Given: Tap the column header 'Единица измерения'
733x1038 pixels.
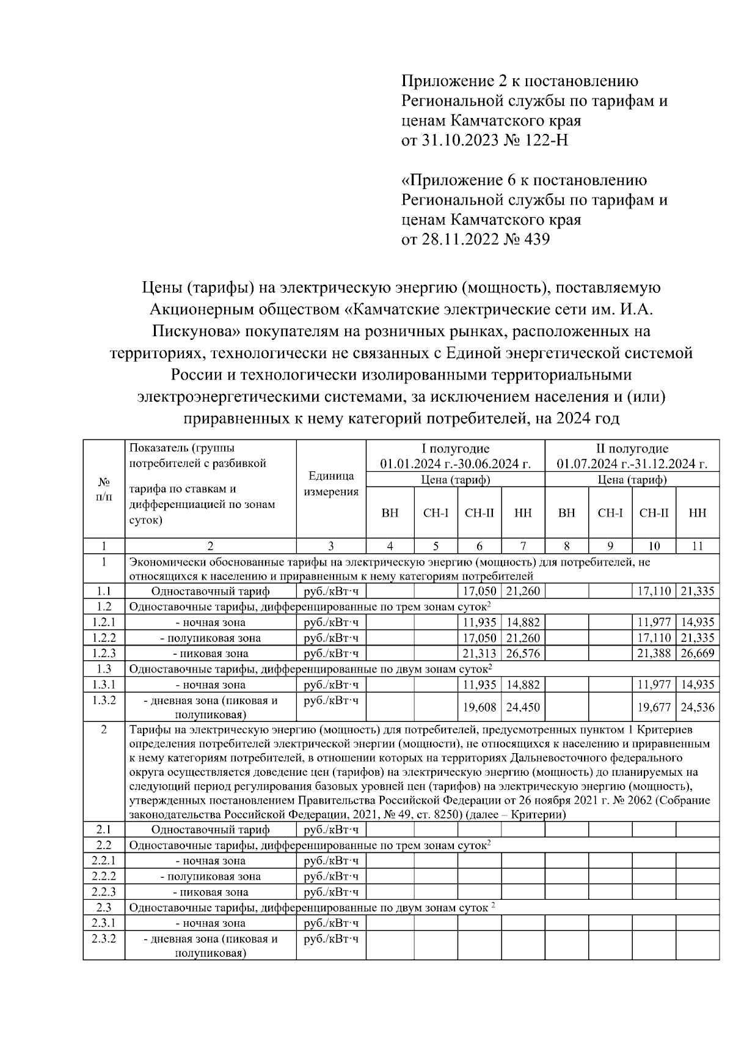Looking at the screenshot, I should point(330,484).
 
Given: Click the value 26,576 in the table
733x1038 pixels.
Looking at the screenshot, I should point(523,653).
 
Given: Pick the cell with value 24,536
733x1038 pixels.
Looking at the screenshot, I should point(697,707).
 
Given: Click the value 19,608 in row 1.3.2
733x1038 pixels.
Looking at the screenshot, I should point(479,707).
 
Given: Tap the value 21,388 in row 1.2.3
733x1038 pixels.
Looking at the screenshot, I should point(654,653).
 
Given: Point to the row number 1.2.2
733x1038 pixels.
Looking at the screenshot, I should point(104,638).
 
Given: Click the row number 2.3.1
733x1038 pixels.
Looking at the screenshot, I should point(104,922).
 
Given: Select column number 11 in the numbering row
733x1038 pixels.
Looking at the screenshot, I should point(697,546).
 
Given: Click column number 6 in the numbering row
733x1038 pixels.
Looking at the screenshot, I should point(479,546).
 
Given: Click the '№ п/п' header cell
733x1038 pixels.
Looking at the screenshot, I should point(104,489).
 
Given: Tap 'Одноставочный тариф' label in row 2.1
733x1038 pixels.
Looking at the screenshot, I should point(210,830).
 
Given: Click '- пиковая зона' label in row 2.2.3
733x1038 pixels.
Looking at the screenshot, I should point(210,892).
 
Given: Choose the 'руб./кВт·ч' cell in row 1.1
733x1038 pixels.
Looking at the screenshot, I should point(330,591).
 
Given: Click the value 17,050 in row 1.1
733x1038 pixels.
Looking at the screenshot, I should point(479,591).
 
